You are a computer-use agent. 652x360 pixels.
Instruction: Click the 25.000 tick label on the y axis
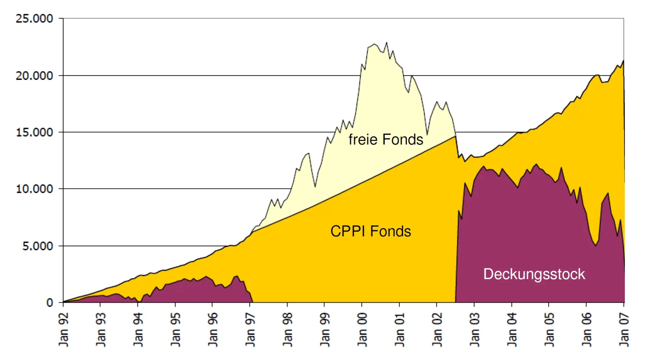(x=34, y=18)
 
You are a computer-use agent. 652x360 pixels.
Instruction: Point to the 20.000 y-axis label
(x=34, y=75)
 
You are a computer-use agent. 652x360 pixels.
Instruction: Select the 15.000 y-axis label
(x=34, y=132)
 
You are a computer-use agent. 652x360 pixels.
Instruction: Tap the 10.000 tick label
(x=34, y=189)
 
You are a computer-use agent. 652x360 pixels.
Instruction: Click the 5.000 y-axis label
(x=38, y=246)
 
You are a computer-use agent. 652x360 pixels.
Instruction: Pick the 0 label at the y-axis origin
(x=50, y=303)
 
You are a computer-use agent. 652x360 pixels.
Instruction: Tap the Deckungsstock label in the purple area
(x=534, y=274)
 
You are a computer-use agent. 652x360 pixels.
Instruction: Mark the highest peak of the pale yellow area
(x=386, y=42)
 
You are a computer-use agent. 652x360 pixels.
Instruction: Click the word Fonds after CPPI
(x=391, y=231)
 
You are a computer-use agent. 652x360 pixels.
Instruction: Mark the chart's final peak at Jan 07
(x=623, y=61)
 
